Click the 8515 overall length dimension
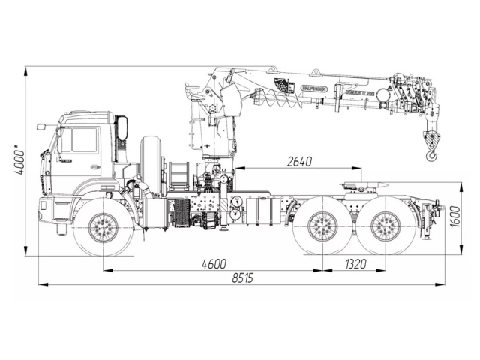(x=241, y=277)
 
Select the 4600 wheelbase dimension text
(x=214, y=262)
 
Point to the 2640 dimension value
(x=298, y=161)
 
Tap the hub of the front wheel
(x=103, y=227)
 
